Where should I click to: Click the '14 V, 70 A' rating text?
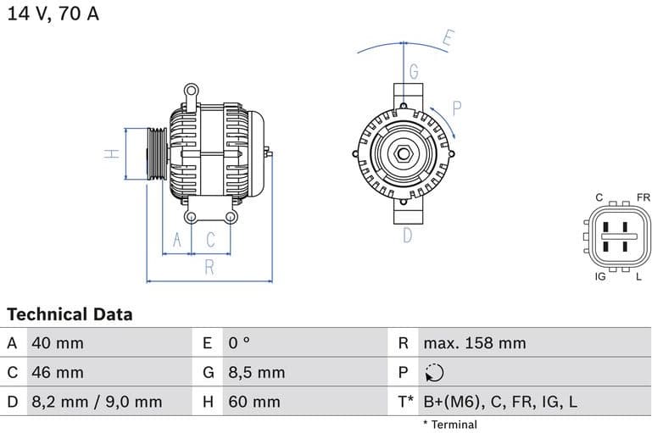53,14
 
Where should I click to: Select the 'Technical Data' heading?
70,314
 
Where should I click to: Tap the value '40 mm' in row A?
57,343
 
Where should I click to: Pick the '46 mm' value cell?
57,372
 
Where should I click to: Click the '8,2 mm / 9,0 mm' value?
96,402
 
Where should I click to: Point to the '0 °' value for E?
239,343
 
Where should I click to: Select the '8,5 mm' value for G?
256,372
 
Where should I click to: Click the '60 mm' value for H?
254,402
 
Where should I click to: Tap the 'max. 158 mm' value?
474,343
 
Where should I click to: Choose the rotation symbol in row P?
433,373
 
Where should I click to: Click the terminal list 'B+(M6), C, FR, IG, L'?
499,402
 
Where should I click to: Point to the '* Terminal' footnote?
449,425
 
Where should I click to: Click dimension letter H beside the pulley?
110,153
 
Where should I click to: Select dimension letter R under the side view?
209,268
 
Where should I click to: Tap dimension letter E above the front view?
449,38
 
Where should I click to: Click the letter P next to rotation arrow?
456,108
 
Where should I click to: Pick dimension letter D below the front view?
407,235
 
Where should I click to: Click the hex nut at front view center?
404,155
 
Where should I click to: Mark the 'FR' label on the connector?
643,197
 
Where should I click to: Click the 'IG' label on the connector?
600,277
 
